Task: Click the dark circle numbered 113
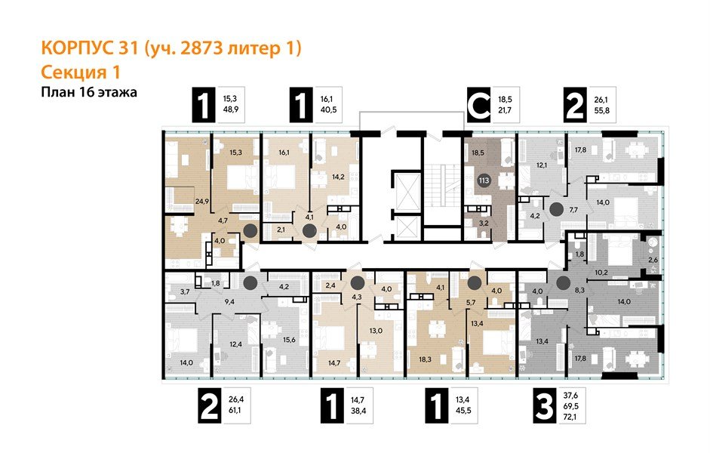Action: tap(483, 180)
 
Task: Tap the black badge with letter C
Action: tap(477, 106)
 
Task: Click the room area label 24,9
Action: tap(180, 202)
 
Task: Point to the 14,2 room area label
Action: tap(339, 177)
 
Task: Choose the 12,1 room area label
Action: tap(541, 165)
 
